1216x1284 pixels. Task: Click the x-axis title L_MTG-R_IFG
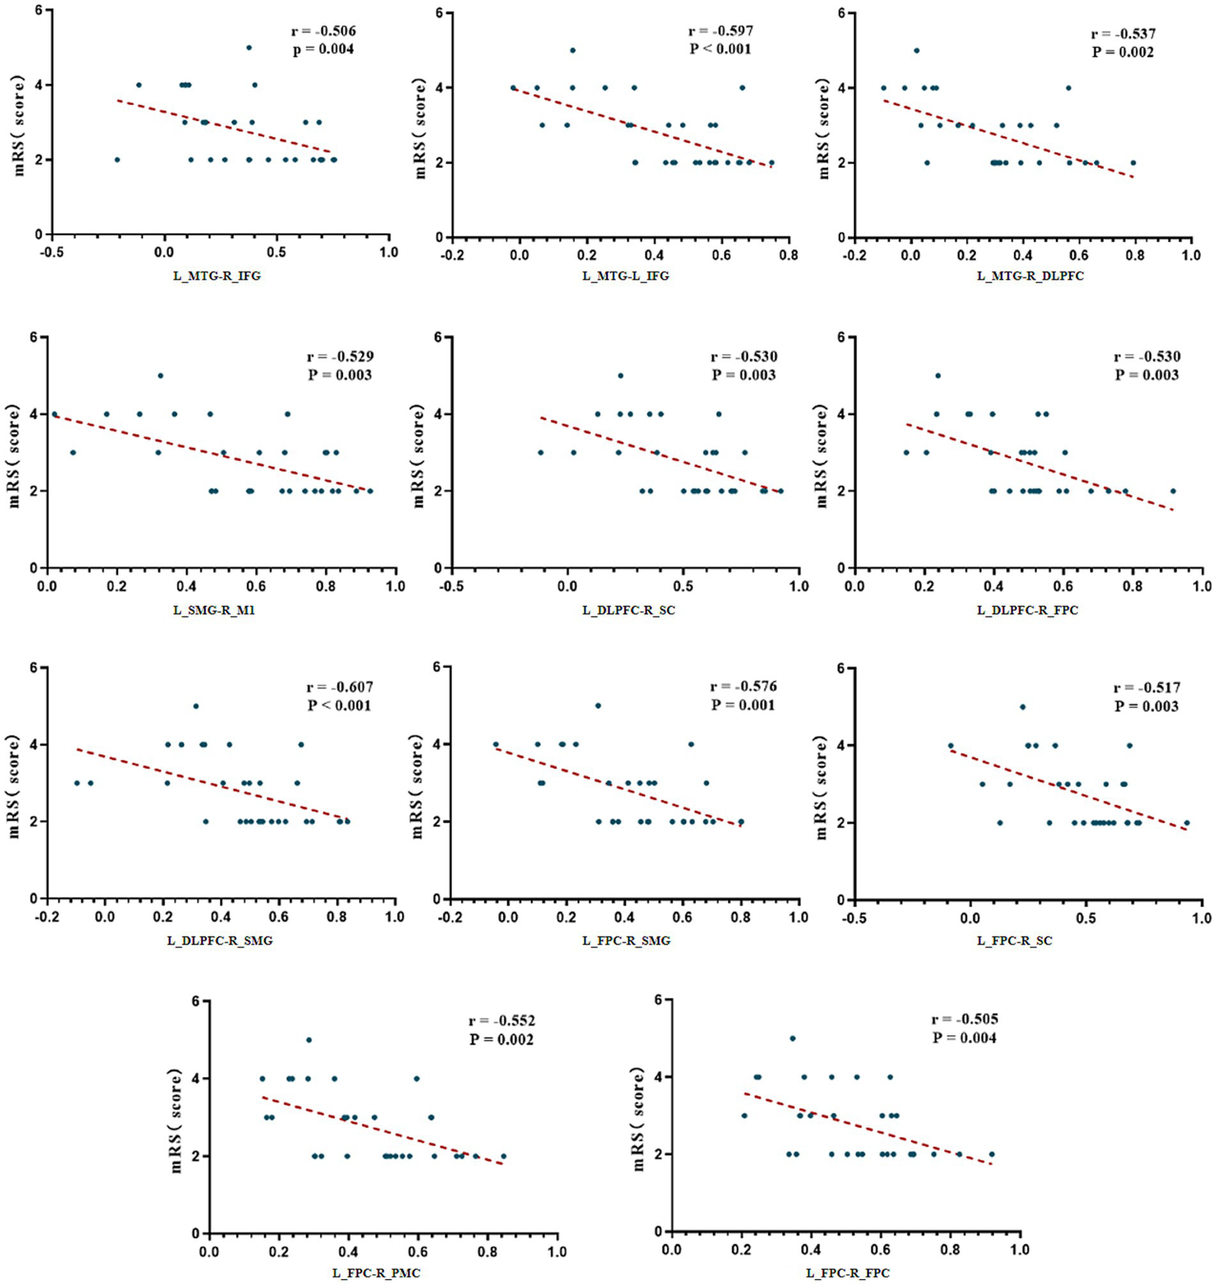click(x=216, y=276)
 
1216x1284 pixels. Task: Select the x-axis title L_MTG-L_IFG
click(x=625, y=276)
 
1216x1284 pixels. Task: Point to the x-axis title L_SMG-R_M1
click(x=214, y=610)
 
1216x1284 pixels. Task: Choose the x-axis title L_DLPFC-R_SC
click(x=628, y=610)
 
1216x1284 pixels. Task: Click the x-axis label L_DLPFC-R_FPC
click(x=1027, y=610)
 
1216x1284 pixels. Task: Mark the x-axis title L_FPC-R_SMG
click(x=626, y=940)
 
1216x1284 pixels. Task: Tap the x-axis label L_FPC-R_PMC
click(x=375, y=1273)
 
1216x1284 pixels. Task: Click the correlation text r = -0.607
click(x=339, y=687)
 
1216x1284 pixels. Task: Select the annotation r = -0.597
click(x=720, y=31)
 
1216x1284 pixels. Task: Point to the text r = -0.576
click(x=743, y=686)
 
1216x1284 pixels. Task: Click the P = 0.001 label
click(x=743, y=705)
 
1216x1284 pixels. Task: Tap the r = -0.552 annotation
click(x=501, y=1020)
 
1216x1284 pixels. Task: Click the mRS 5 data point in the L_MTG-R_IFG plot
click(x=249, y=48)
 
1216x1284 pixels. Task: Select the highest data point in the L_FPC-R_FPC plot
click(x=792, y=1038)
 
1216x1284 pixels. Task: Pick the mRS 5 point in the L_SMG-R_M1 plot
click(x=160, y=375)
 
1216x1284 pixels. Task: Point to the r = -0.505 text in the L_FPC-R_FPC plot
click(x=964, y=1019)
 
